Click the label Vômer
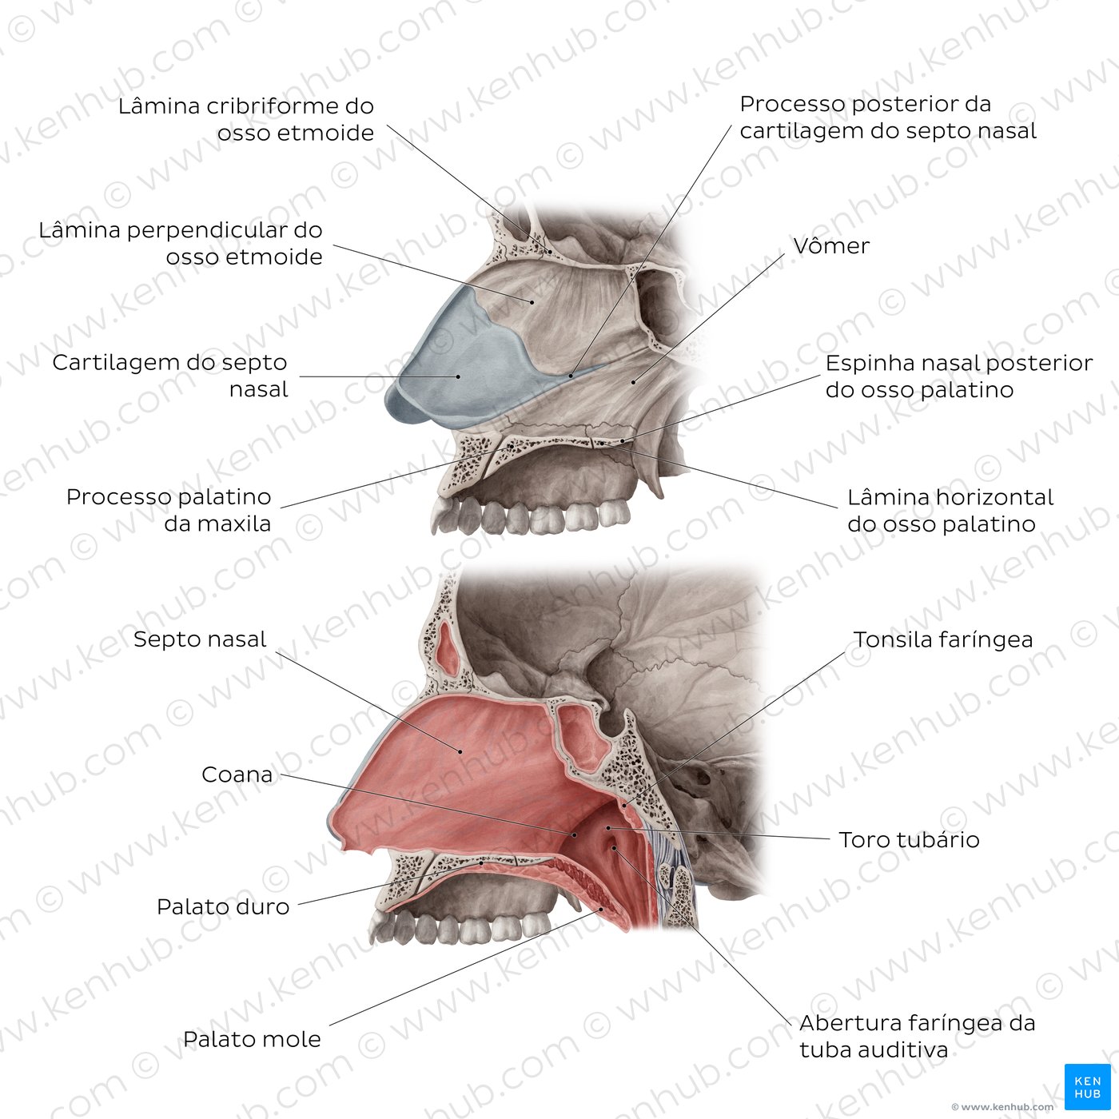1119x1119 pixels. click(x=831, y=246)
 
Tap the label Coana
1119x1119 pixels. click(x=237, y=775)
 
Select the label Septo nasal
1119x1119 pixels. click(x=200, y=639)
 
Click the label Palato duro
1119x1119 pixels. click(x=223, y=907)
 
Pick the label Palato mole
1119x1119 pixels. click(x=252, y=1039)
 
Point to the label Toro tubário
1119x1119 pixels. click(x=910, y=840)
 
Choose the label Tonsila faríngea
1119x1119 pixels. click(x=943, y=640)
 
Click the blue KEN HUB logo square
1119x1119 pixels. click(x=1087, y=1087)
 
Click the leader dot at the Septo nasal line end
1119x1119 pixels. click(x=461, y=751)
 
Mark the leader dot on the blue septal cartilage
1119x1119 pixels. click(x=458, y=377)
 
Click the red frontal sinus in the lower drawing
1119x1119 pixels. click(x=448, y=648)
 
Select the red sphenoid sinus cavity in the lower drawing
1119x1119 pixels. click(x=581, y=738)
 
